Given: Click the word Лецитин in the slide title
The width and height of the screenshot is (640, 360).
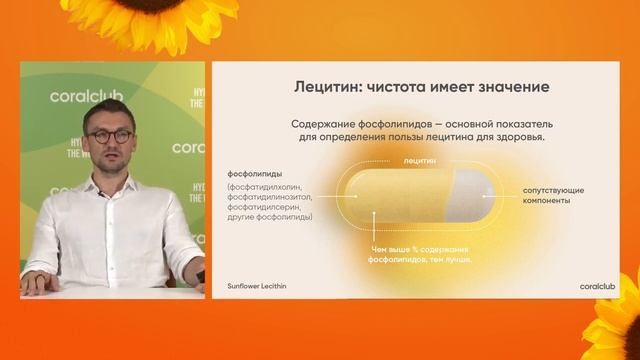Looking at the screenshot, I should [x=323, y=87].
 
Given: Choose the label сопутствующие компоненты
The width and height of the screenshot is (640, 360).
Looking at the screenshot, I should [x=553, y=195].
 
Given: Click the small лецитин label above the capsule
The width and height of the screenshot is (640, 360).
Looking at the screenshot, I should [x=420, y=160].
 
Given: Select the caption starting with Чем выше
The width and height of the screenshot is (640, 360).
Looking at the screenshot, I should [x=418, y=253].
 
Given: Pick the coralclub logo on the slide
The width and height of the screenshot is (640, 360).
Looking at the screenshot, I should [x=598, y=285].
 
